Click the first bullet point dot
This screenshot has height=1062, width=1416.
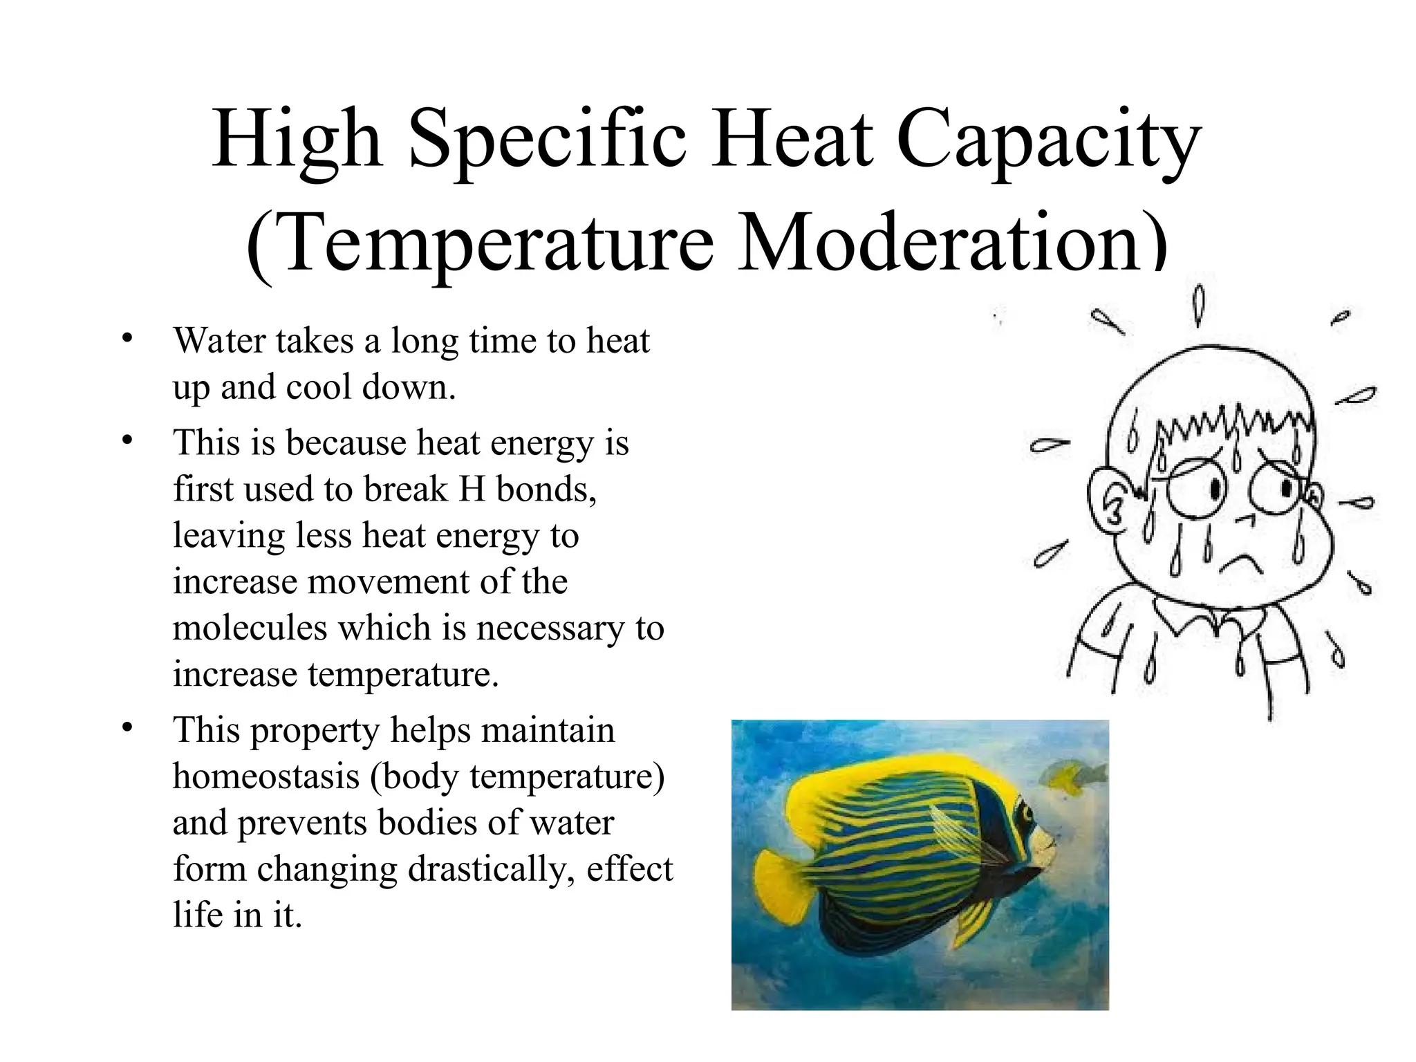(126, 339)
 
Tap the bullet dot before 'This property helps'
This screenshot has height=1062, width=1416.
(126, 728)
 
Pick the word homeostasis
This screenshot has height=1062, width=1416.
(266, 776)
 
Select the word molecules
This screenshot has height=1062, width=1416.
(250, 628)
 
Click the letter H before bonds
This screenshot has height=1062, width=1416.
(472, 490)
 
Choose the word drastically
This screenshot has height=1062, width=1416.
(492, 869)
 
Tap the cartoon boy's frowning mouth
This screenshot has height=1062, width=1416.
(1241, 563)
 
